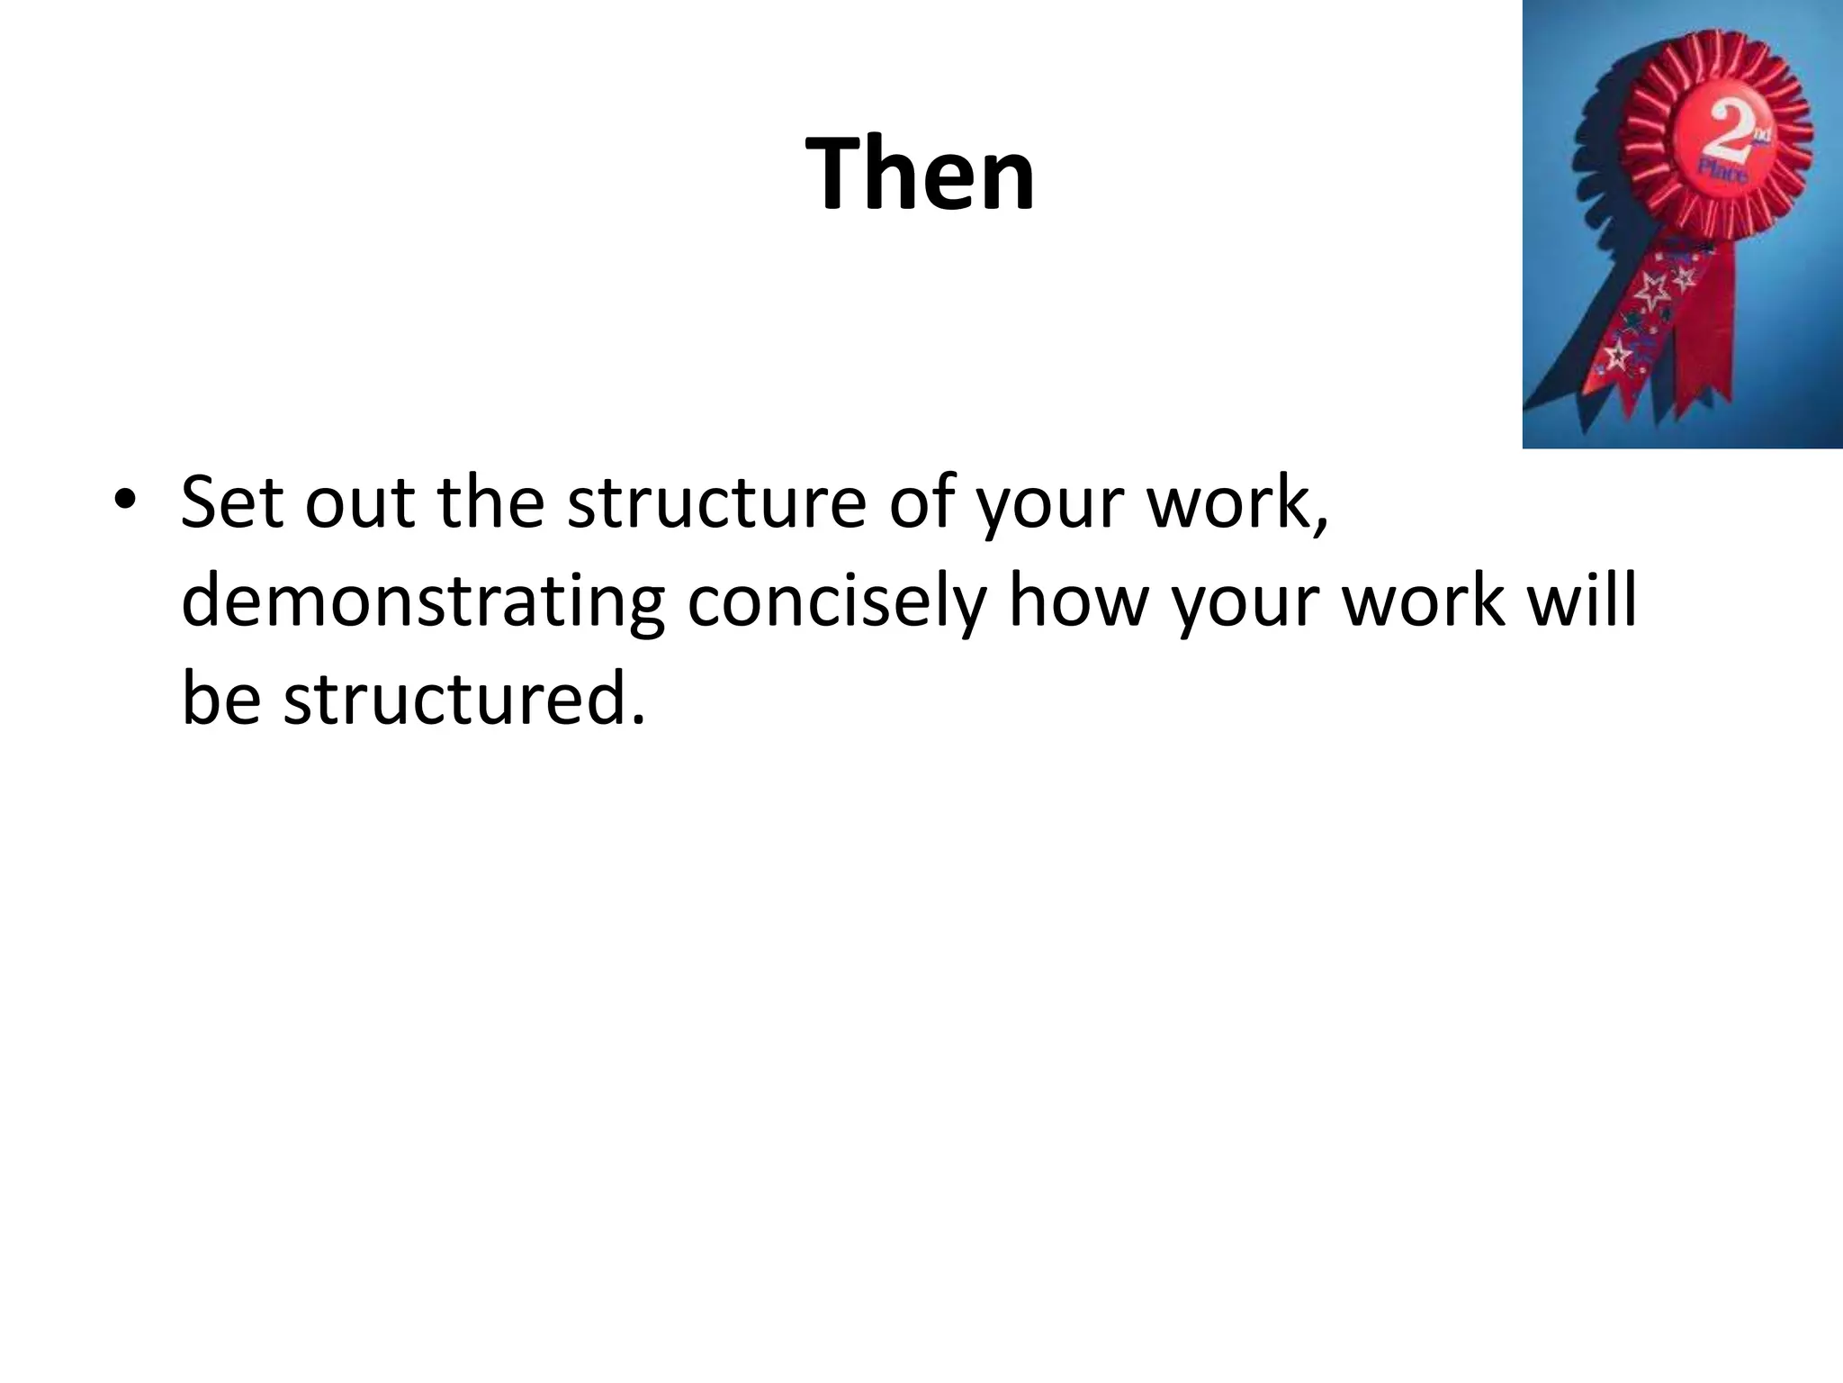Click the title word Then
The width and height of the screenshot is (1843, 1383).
(x=920, y=173)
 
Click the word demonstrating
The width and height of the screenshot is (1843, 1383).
(x=423, y=601)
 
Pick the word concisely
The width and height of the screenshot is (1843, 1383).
(x=836, y=601)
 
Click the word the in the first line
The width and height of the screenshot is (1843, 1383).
(x=490, y=502)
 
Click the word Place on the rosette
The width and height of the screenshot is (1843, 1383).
(x=1722, y=171)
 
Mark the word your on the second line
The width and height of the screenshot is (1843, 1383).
(x=1245, y=601)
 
